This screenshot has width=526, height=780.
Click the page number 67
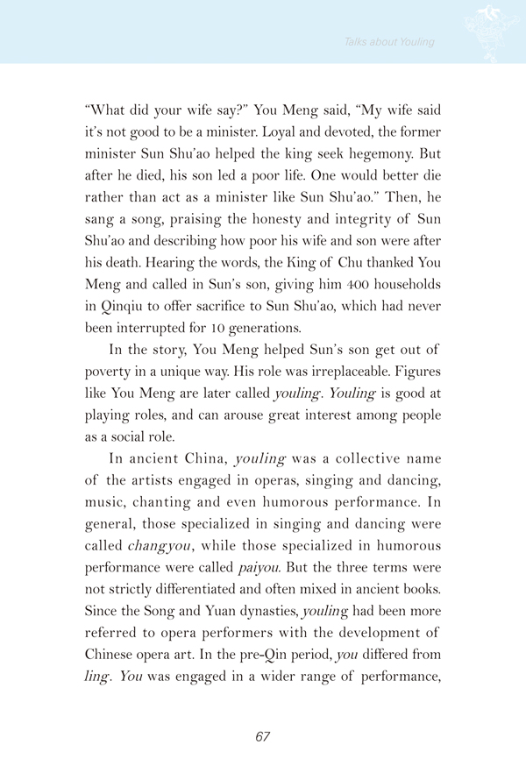pyautogui.click(x=262, y=737)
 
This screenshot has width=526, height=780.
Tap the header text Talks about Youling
pyautogui.click(x=389, y=41)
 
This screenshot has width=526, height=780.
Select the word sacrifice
pyautogui.click(x=231, y=286)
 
